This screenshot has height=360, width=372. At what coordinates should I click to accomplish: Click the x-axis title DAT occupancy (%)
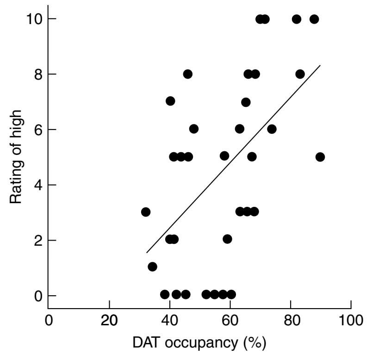(199, 343)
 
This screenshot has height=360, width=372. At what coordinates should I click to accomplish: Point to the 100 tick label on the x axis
(351, 320)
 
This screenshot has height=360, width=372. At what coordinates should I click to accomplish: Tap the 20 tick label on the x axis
(109, 320)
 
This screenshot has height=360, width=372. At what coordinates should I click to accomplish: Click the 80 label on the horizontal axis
(291, 320)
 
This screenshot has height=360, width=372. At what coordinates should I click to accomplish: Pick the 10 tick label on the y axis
(36, 19)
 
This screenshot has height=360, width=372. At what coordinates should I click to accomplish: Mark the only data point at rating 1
(152, 267)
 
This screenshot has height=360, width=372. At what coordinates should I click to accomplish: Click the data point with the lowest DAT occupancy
(146, 212)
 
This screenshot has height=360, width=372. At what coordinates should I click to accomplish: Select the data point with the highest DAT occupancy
(320, 157)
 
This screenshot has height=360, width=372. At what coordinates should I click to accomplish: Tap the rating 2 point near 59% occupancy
(227, 239)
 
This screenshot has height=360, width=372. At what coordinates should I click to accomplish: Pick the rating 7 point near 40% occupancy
(170, 101)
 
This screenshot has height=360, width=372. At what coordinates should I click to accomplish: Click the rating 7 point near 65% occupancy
(246, 102)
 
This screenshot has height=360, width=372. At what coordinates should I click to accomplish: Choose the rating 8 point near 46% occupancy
(187, 74)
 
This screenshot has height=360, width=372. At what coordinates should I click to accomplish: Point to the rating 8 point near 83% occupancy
(300, 74)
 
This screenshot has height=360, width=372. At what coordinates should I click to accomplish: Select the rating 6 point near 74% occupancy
(272, 129)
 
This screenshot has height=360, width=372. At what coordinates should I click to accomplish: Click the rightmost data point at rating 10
(314, 19)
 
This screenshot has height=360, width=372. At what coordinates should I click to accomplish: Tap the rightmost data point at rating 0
(231, 294)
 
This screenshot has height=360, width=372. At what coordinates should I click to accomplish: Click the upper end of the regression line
(320, 66)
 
